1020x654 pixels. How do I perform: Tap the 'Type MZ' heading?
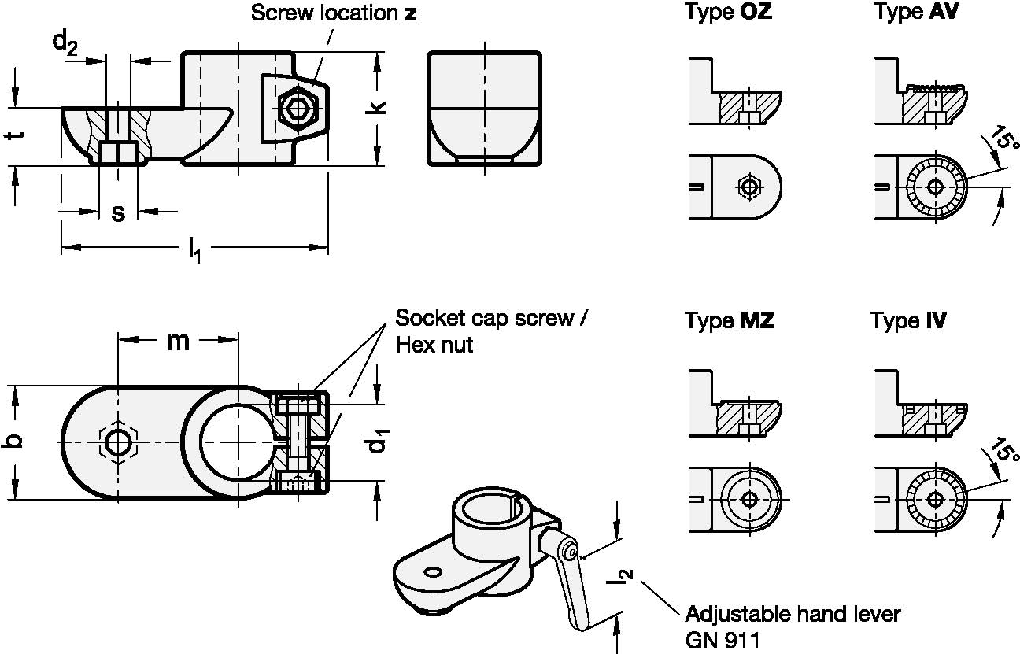(x=729, y=321)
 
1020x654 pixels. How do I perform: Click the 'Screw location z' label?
(x=333, y=13)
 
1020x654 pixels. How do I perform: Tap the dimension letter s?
(x=118, y=212)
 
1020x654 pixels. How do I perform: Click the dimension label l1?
(x=193, y=251)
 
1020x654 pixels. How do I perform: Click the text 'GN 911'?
(x=722, y=640)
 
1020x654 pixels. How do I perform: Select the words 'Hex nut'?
(x=434, y=345)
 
